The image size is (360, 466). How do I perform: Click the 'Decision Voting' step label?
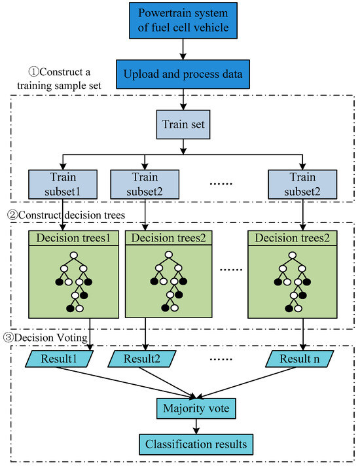point(49,338)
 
